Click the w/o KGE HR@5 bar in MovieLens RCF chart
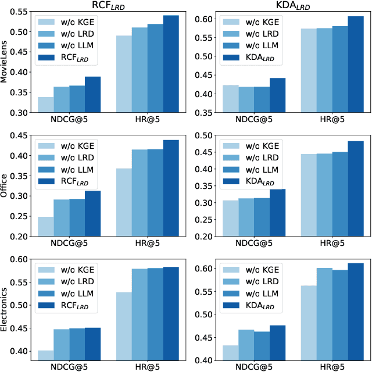[124, 74]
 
